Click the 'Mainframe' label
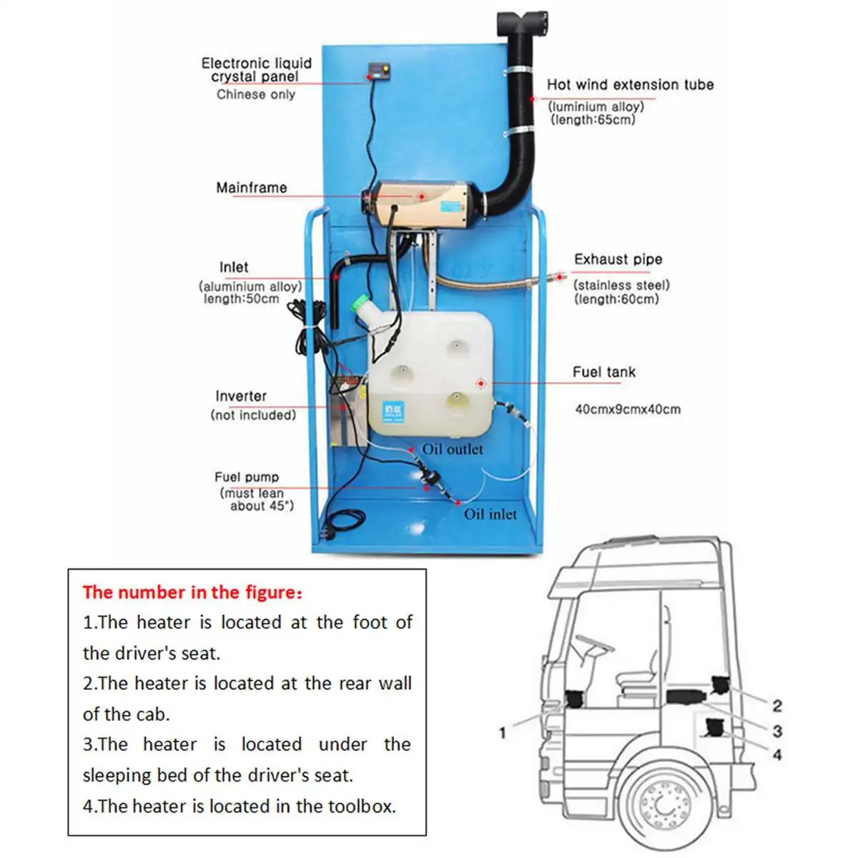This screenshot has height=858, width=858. pos(251,188)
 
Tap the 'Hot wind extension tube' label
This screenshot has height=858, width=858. pos(630,85)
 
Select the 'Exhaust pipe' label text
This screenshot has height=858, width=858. pos(618,260)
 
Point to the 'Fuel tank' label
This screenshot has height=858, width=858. pos(603,372)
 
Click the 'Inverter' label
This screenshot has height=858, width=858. pos(241,396)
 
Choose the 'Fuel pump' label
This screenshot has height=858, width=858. pos(247,477)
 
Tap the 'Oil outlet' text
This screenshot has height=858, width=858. pos(452,450)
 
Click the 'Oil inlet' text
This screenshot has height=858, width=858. pos(490,514)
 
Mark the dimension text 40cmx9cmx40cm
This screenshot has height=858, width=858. pos(628,410)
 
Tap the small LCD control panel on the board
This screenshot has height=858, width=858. pos(377,71)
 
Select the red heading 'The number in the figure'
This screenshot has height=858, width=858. pos(192,592)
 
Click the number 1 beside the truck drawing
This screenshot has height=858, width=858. pos(503,732)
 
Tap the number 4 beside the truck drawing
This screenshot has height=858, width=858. pos(777,754)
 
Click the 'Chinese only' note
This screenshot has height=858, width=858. pos(255,95)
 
